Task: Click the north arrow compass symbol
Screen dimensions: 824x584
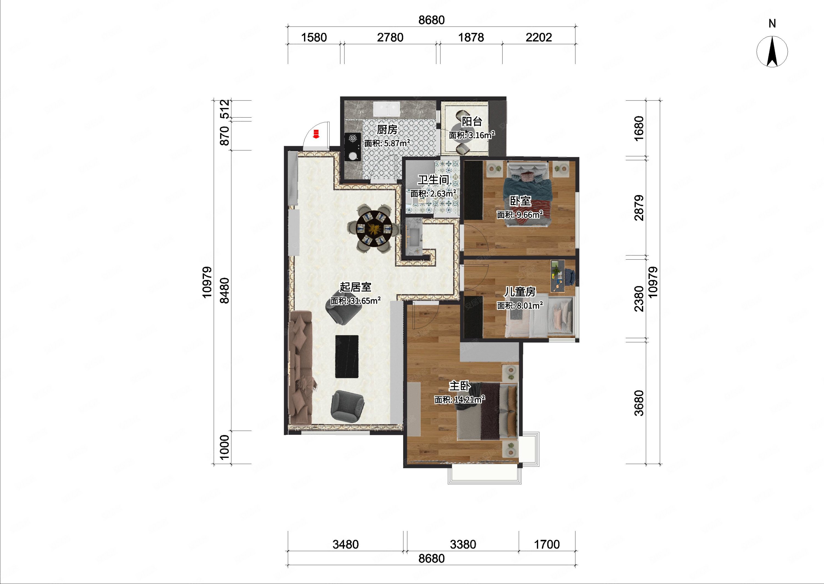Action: pos(772,51)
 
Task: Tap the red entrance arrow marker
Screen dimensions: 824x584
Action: pos(316,134)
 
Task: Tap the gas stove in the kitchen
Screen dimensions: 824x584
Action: pos(101,147)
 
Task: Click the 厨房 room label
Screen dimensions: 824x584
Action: pos(387,129)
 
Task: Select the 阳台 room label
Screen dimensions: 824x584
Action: pos(472,121)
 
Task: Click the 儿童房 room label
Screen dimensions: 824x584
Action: pos(520,292)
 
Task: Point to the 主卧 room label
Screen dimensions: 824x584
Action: pos(460,386)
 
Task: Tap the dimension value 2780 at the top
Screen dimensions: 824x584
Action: pos(390,37)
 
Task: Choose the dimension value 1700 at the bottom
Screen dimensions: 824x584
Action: pos(547,544)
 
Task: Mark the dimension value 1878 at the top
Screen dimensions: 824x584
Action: pos(471,37)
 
